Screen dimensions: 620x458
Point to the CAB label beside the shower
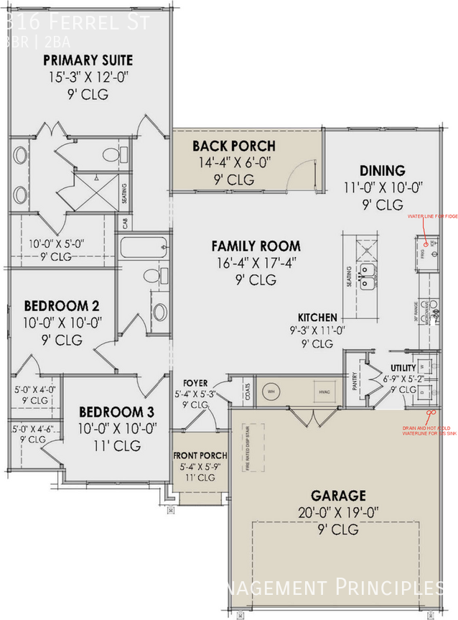click(x=124, y=223)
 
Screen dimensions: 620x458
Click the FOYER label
click(x=195, y=383)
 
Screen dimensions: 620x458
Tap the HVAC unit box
click(x=319, y=392)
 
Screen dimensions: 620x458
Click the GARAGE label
click(x=337, y=496)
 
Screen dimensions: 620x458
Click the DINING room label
click(x=382, y=170)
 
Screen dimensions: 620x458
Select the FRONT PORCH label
click(x=200, y=455)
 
